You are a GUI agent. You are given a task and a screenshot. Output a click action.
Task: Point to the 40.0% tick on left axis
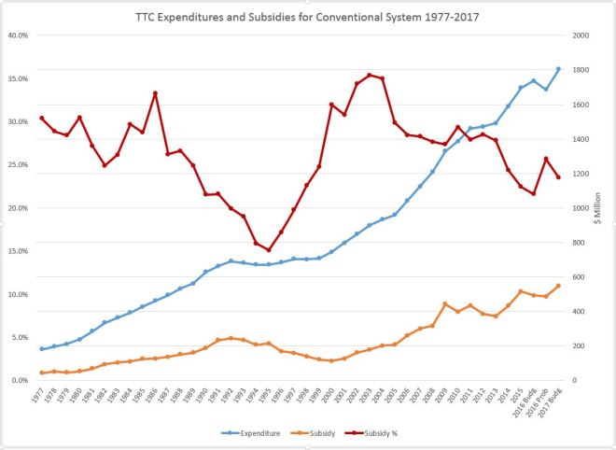pyautogui.click(x=16, y=35)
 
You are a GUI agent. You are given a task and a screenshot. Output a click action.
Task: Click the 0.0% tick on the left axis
pyautogui.click(x=18, y=381)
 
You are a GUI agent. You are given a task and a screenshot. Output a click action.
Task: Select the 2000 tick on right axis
pyautogui.click(x=582, y=35)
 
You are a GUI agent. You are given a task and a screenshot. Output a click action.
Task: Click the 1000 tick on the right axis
pyautogui.click(x=582, y=208)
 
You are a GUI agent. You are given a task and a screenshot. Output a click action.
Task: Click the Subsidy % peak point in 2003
pyautogui.click(x=370, y=75)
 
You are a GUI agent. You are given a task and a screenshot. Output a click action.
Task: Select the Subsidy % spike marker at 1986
pyautogui.click(x=155, y=93)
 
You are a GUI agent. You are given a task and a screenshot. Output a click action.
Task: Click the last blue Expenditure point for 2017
pyautogui.click(x=558, y=69)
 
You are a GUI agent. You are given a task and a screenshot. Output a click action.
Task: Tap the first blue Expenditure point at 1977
pyautogui.click(x=42, y=349)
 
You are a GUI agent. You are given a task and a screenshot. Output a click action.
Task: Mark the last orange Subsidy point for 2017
pyautogui.click(x=558, y=286)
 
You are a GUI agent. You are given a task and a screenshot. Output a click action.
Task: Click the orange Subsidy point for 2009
pyautogui.click(x=445, y=304)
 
